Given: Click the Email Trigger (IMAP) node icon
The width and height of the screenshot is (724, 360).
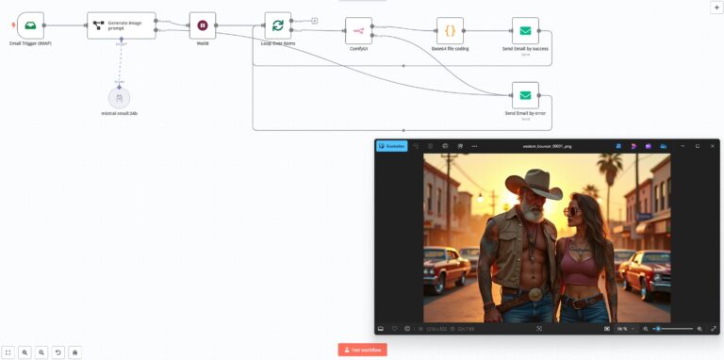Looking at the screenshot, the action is pyautogui.click(x=30, y=25).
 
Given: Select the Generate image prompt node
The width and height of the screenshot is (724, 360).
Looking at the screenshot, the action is pyautogui.click(x=121, y=25).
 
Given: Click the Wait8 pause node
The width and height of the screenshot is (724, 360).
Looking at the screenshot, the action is pyautogui.click(x=202, y=25).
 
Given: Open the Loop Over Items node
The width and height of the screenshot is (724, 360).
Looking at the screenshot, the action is pyautogui.click(x=277, y=25).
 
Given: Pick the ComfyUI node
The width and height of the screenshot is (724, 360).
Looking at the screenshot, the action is pyautogui.click(x=358, y=30).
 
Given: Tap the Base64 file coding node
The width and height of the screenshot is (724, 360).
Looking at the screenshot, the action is pyautogui.click(x=450, y=30).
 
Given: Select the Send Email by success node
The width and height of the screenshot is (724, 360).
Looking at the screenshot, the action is pyautogui.click(x=525, y=30).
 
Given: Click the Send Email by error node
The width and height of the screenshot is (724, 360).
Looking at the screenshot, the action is pyautogui.click(x=525, y=95).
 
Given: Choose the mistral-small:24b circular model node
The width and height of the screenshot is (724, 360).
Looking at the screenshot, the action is pyautogui.click(x=119, y=98).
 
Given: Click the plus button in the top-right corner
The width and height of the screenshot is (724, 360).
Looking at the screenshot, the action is pyautogui.click(x=716, y=7).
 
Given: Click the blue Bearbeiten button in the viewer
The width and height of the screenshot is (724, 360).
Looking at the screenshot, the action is pyautogui.click(x=391, y=146).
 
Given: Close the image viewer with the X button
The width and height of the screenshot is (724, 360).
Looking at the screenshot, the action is pyautogui.click(x=712, y=146).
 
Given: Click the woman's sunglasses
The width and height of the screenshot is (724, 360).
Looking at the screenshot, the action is pyautogui.click(x=573, y=211).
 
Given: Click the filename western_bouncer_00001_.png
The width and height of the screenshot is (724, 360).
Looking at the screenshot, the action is pyautogui.click(x=548, y=146).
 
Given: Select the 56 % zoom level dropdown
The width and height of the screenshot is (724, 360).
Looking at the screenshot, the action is pyautogui.click(x=624, y=328).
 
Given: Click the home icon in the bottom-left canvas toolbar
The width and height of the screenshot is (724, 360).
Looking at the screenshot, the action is pyautogui.click(x=75, y=352).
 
